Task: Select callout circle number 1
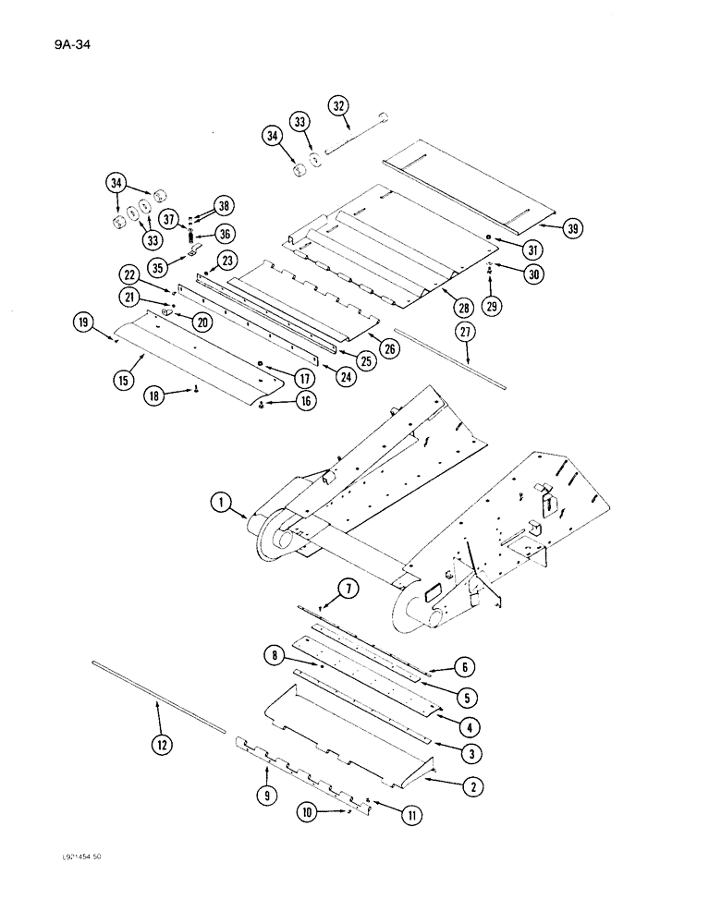click(219, 504)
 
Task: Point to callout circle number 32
click(338, 106)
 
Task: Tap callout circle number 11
click(408, 812)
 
